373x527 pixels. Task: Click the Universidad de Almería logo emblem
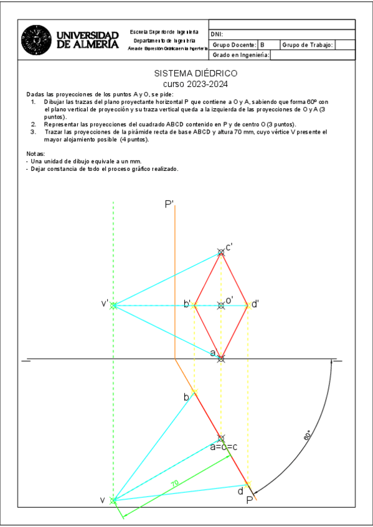pos(37,40)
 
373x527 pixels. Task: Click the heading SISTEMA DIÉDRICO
pos(196,73)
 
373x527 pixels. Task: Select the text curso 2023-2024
pos(196,83)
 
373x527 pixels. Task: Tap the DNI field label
pos(217,34)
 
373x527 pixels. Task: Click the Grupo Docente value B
pos(262,45)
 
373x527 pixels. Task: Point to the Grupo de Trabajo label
pos(308,45)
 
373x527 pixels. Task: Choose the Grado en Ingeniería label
pos(241,55)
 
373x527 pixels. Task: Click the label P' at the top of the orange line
pos(169,204)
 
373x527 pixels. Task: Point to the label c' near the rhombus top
pos(229,247)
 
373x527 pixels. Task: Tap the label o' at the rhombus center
pos(229,300)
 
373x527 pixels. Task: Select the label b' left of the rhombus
pos(187,304)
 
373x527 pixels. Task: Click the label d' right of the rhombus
pos(255,304)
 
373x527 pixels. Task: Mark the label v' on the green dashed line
pos(105,304)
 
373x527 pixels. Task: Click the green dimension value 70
pos(175,483)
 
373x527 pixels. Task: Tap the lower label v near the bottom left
pos(103,500)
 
